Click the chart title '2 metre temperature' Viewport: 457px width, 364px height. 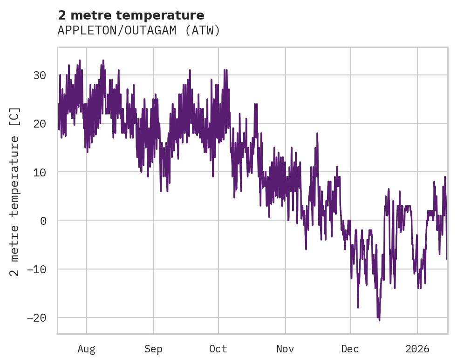(131, 15)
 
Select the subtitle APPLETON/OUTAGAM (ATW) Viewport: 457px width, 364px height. (139, 31)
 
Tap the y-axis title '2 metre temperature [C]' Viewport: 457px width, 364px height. (15, 191)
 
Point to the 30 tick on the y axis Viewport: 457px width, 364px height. (40, 75)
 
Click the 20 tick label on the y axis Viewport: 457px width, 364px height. (40, 123)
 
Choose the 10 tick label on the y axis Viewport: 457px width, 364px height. (40, 172)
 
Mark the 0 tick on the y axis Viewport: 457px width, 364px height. (43, 221)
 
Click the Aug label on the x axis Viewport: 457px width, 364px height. (87, 349)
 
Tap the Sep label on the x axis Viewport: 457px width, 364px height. (153, 349)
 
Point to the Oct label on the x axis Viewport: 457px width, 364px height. (218, 349)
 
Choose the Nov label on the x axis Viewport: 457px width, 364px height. (285, 349)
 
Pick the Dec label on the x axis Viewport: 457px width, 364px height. (350, 349)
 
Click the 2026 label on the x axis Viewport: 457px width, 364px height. (417, 349)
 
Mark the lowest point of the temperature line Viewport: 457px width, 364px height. (379, 320)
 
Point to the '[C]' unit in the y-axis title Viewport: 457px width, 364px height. (15, 116)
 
